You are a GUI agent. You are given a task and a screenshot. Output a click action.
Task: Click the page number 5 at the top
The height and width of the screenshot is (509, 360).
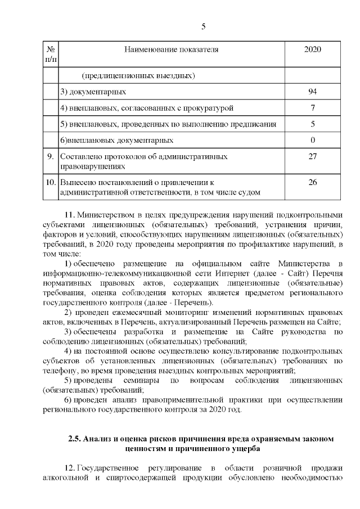click(x=204, y=27)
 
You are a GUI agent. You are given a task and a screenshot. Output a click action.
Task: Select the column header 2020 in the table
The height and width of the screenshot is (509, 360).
click(x=312, y=49)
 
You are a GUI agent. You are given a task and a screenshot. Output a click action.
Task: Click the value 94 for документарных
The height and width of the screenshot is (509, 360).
click(x=312, y=91)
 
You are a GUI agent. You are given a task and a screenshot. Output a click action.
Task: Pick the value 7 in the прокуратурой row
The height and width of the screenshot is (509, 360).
click(x=312, y=107)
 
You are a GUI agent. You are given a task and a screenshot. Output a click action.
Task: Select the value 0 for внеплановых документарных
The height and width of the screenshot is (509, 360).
click(x=312, y=139)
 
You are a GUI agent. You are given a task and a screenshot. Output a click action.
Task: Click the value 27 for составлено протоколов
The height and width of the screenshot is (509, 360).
click(x=312, y=156)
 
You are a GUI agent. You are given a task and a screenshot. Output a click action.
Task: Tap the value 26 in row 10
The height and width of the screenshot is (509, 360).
click(x=312, y=182)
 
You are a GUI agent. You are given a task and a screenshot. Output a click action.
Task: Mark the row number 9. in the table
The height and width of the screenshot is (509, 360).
click(x=51, y=156)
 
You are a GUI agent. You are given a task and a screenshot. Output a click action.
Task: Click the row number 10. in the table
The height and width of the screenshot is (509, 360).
click(x=51, y=182)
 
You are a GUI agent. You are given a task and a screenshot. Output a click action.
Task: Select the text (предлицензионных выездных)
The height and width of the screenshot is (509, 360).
click(x=138, y=75)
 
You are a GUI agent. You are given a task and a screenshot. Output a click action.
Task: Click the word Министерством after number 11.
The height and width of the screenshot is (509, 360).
click(x=103, y=215)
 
